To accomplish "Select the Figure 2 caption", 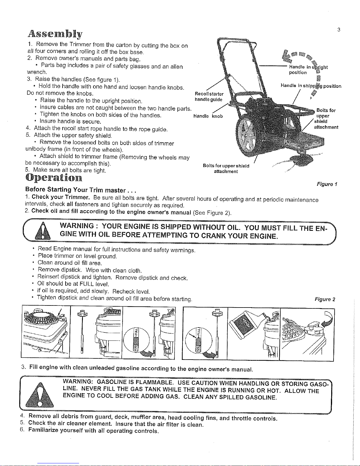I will tap(325, 300).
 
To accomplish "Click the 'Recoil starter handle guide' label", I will tap(209, 96).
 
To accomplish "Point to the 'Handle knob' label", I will tap(208, 116).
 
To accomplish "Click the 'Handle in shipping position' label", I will tap(311, 86).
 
